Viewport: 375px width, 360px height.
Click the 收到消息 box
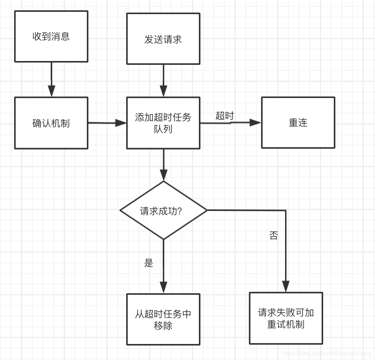51,36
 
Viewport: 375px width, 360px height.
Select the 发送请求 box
163,39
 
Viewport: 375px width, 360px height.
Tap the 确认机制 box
51,123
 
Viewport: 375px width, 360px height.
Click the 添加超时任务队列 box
163,123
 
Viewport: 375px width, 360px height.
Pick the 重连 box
298,123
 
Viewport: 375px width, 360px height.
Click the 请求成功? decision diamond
163,211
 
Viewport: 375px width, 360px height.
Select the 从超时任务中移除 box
163,319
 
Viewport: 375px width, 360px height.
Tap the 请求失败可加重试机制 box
286,318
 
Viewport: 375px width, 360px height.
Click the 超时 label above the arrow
224,116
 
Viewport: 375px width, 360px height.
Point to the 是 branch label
149,263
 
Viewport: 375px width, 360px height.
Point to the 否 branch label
274,236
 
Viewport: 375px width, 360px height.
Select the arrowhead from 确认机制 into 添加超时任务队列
121,123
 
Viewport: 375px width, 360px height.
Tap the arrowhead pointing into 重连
255,122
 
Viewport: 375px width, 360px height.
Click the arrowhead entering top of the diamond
163,175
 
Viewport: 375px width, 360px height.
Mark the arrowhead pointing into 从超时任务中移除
163,288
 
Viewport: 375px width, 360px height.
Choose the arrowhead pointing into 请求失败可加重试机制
285,286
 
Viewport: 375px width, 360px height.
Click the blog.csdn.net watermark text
326,353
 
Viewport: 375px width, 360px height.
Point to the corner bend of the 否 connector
285,211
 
